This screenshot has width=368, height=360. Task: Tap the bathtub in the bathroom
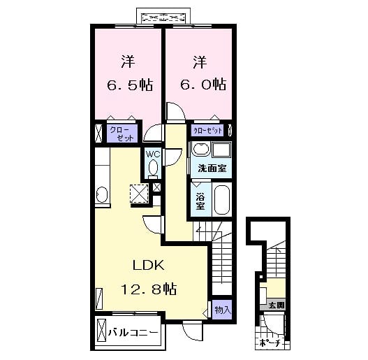[222, 201]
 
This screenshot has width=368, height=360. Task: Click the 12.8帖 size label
[149, 288]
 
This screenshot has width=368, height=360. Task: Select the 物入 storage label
[221, 308]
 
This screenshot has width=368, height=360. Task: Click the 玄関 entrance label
[276, 305]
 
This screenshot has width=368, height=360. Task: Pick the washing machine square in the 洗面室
[222, 150]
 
